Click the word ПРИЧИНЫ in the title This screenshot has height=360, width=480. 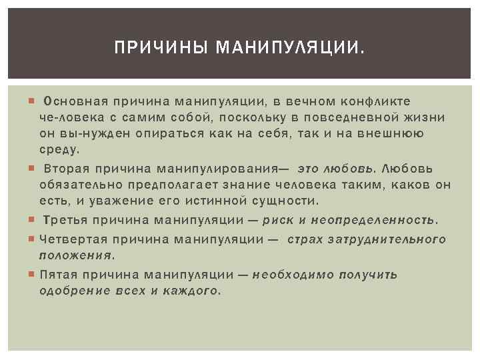(x=161, y=47)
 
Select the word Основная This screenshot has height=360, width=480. (x=75, y=101)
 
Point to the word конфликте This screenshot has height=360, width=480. (x=375, y=101)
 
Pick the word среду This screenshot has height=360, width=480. (x=59, y=150)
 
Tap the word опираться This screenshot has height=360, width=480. (x=169, y=134)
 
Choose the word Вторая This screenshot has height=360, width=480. (x=67, y=169)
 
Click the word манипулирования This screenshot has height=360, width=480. (x=217, y=169)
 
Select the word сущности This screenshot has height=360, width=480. (x=285, y=201)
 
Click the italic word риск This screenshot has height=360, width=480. (x=278, y=220)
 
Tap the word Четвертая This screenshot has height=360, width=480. (x=73, y=239)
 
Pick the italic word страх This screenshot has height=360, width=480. (x=305, y=239)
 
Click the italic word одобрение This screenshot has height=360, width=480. (x=75, y=291)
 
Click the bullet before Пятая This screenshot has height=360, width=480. (x=31, y=273)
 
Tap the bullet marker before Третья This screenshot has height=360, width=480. (x=31, y=219)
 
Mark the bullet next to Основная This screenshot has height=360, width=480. (x=31, y=101)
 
